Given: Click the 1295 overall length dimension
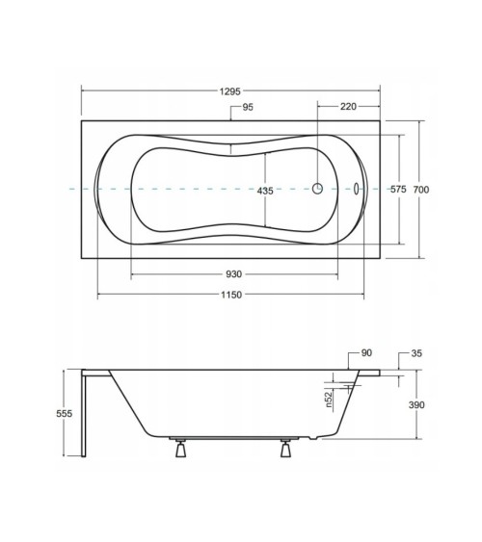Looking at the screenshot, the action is point(229,91).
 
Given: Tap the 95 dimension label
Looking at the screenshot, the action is point(248,107).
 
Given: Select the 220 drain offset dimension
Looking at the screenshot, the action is point(348,107).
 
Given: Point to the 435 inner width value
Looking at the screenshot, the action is point(265,191).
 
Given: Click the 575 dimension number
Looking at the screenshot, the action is point(398,189).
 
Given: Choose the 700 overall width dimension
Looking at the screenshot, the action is point(421,190).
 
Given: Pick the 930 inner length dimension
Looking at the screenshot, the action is point(233,274).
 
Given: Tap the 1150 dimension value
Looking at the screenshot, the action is point(231,295).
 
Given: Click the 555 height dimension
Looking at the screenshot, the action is point(65,413).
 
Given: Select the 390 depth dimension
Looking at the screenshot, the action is point(416,404).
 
